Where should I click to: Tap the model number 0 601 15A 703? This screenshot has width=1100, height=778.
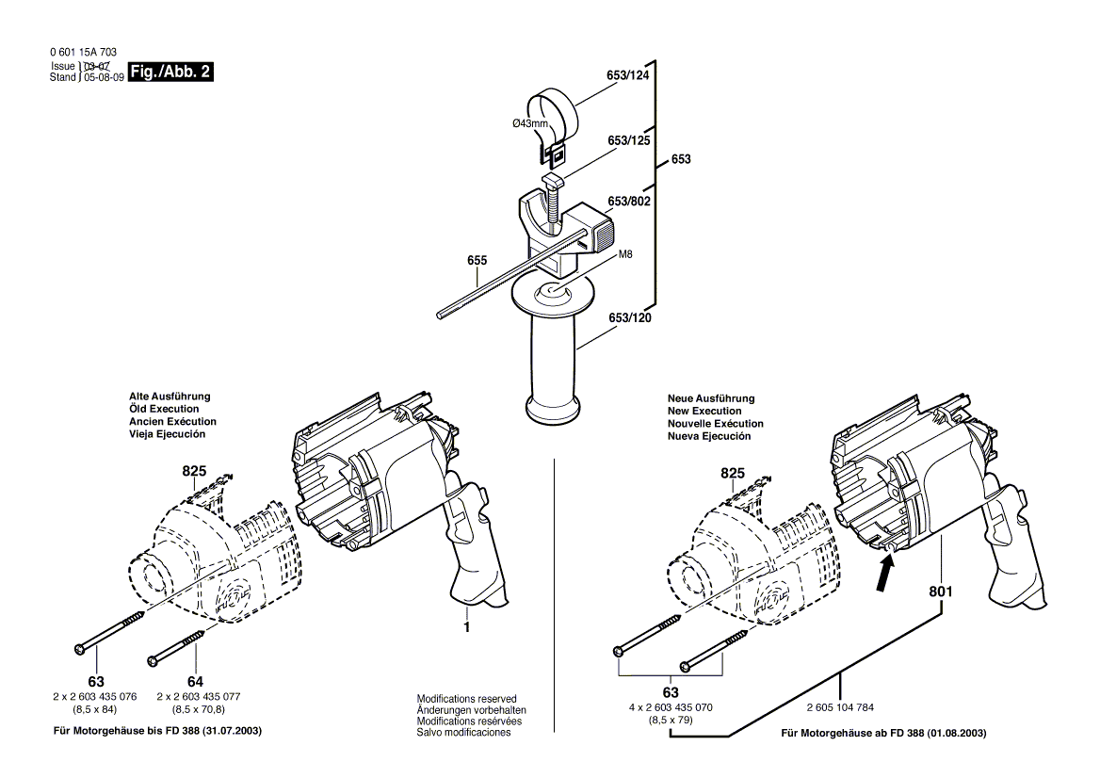(x=83, y=53)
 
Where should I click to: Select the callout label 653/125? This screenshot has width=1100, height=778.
(x=629, y=140)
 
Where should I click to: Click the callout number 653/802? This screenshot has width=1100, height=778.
(x=629, y=202)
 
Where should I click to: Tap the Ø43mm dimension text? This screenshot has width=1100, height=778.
(x=530, y=123)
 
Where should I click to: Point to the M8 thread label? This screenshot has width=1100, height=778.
(x=625, y=254)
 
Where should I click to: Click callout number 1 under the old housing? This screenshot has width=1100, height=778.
(x=465, y=625)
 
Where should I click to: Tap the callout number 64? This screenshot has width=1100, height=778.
(x=195, y=681)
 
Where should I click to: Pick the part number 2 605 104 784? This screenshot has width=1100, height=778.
(x=840, y=707)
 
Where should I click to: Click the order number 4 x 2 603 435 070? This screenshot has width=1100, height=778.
(x=671, y=707)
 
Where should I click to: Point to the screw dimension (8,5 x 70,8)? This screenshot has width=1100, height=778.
(x=200, y=708)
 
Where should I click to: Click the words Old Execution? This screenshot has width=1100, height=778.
(x=164, y=410)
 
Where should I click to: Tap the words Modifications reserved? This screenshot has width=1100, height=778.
(x=466, y=699)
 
